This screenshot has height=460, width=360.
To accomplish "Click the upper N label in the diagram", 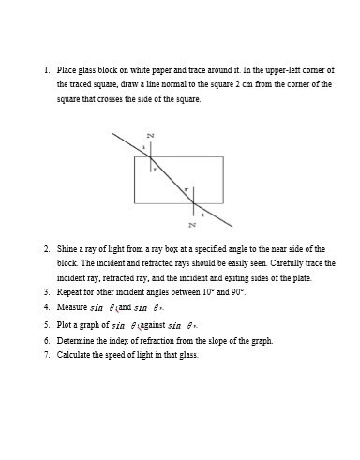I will coord(151,137).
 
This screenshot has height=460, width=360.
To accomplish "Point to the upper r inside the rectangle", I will coord(155,170).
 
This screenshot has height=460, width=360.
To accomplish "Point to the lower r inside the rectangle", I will coord(187,190).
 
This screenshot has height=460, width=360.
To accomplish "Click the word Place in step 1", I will coord(67,70).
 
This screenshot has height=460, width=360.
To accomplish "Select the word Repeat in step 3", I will coord(70,292).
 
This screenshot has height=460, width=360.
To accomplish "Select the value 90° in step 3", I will coord(236,292).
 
